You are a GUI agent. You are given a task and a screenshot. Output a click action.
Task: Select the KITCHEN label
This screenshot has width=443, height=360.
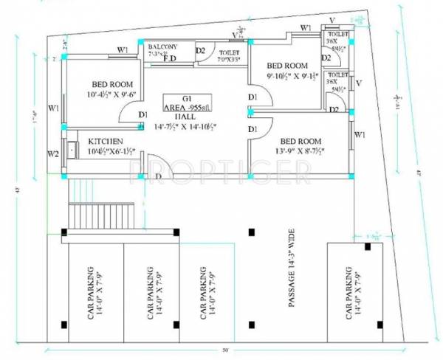(x=106, y=141)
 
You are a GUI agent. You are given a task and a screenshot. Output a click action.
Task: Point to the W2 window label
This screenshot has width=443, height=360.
(x=53, y=154)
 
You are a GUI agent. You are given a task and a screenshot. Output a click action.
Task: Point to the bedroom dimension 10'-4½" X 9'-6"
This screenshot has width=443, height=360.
(x=106, y=94)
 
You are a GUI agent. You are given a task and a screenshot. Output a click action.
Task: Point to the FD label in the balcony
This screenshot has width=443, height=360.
(x=169, y=60)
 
